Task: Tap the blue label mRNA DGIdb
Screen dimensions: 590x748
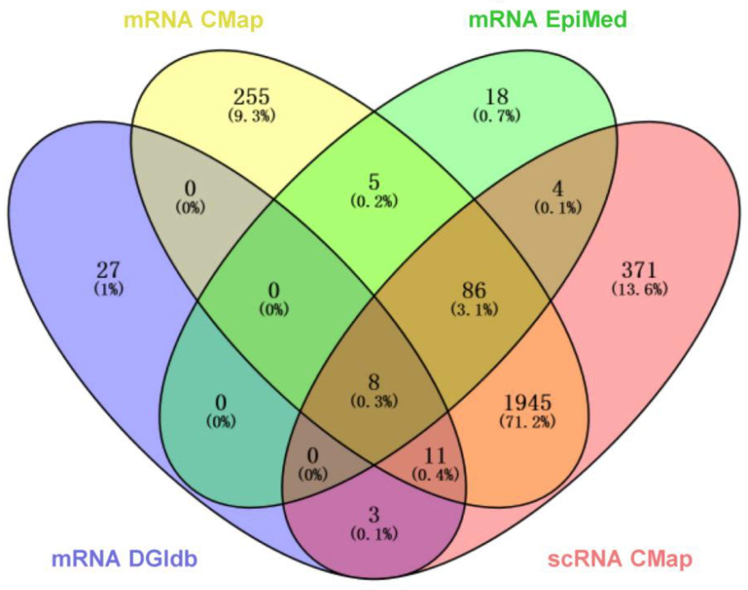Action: coord(124,558)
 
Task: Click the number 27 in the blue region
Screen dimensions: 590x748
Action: coord(108,270)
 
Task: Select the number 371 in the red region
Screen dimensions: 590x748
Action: coord(639,270)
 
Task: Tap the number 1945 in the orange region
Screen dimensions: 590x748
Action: coord(527,403)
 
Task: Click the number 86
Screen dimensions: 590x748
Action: coord(474,290)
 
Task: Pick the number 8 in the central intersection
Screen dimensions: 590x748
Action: coord(374,382)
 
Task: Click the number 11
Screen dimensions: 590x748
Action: coord(435,456)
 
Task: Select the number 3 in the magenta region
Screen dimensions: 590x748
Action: coord(374,515)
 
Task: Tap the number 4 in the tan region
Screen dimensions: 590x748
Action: coord(558,189)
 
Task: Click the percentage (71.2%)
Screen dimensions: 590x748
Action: coord(527,422)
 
